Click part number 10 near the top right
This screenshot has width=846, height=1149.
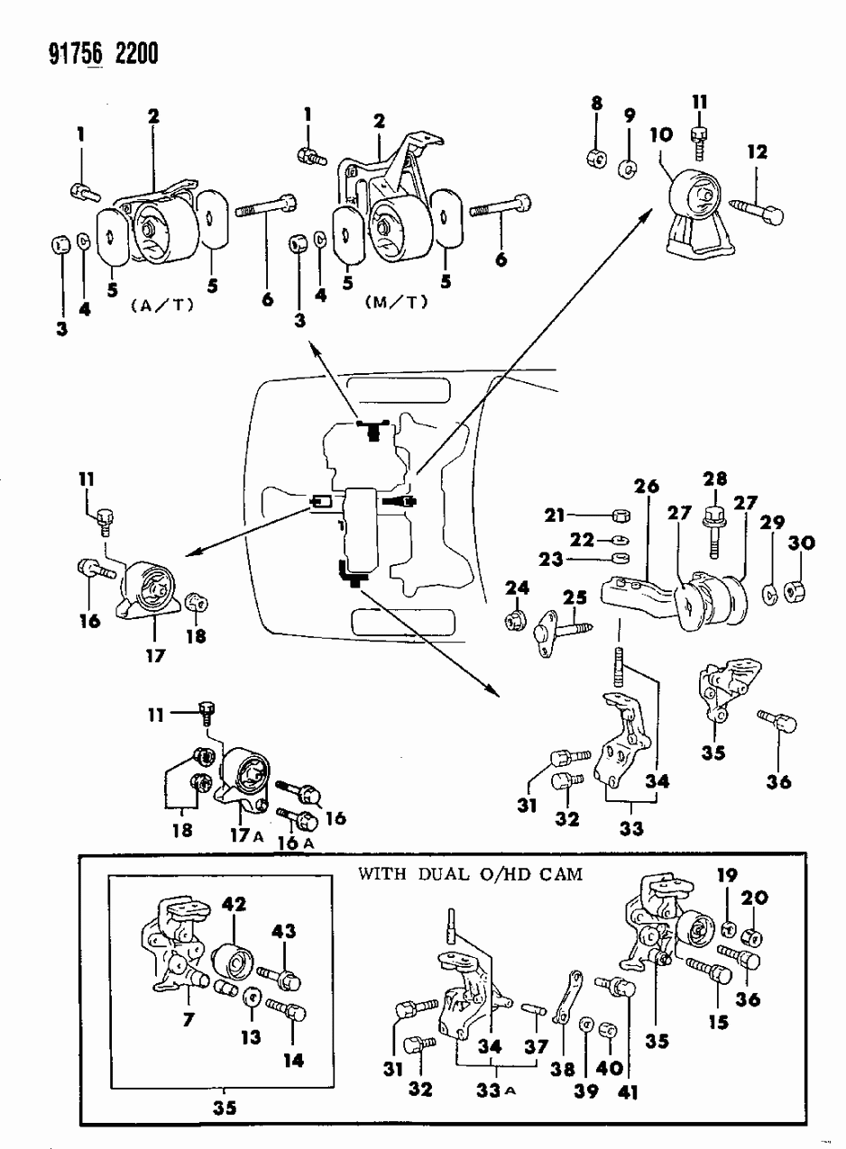click(x=659, y=136)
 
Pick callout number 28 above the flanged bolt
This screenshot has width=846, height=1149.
click(x=716, y=480)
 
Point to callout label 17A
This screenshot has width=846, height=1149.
click(x=245, y=834)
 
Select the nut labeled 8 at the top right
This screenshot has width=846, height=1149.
click(x=596, y=160)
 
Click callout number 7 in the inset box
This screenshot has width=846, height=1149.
click(x=189, y=1021)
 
